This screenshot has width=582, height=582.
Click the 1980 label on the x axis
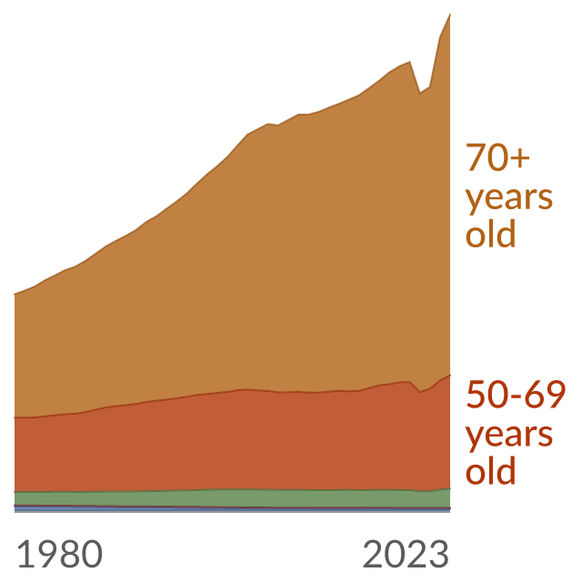(x=60, y=554)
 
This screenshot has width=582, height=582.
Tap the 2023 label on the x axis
(x=406, y=554)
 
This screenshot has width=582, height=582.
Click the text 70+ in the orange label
(x=497, y=157)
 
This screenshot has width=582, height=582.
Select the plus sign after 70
(x=520, y=157)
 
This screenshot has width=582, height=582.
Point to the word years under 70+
(x=509, y=199)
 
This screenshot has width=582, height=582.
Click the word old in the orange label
(x=491, y=234)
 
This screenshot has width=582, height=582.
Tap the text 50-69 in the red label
(x=516, y=395)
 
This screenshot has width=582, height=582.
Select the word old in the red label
(x=491, y=470)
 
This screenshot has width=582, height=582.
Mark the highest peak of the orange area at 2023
(x=450, y=15)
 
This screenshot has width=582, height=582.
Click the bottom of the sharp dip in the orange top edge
(x=420, y=93)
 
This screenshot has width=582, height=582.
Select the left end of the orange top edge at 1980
(x=15, y=295)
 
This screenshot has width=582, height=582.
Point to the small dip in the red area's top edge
(x=420, y=392)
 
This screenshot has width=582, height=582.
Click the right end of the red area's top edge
(x=450, y=376)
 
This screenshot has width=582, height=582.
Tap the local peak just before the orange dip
(x=409, y=62)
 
